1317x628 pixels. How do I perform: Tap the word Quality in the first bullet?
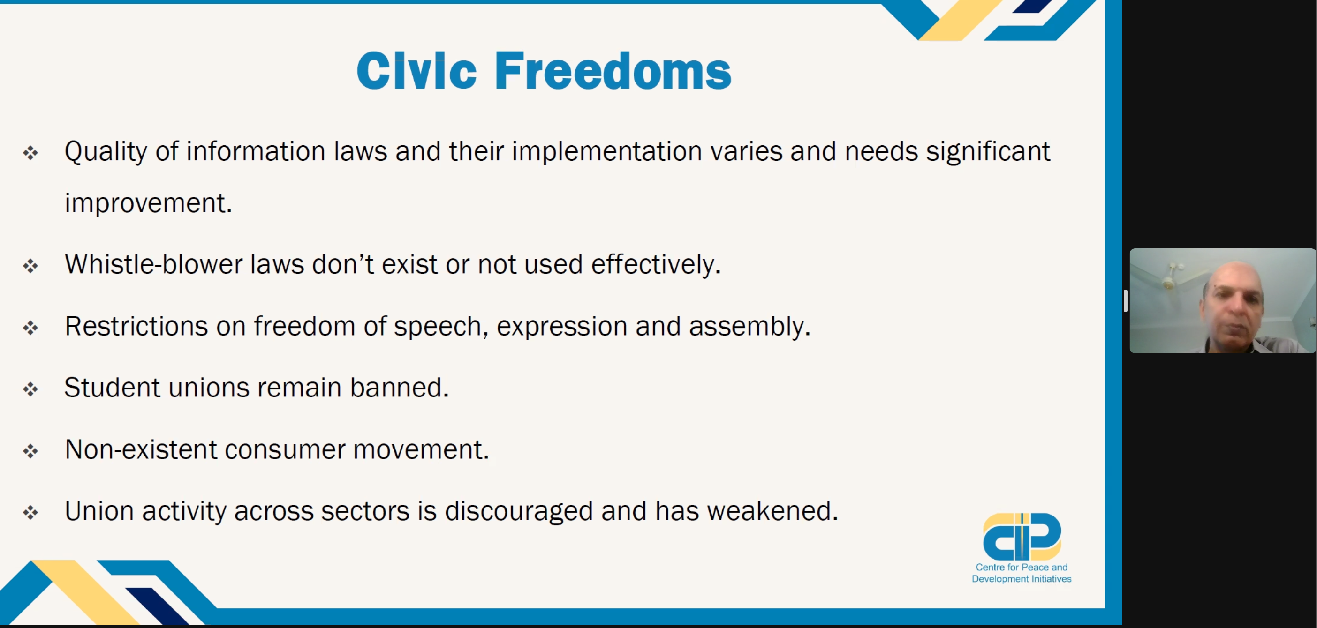pyautogui.click(x=106, y=152)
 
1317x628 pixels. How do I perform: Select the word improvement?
pyautogui.click(x=148, y=203)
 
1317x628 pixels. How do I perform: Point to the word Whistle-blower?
pyautogui.click(x=153, y=264)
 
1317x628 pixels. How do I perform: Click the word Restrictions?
pyautogui.click(x=136, y=326)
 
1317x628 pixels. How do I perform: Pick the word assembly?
pyautogui.click(x=749, y=327)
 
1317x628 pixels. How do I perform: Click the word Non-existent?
pyautogui.click(x=141, y=449)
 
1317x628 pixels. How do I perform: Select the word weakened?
pyautogui.click(x=772, y=511)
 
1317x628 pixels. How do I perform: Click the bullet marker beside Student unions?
pyautogui.click(x=30, y=389)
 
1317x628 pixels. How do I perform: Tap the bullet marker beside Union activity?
pyautogui.click(x=30, y=513)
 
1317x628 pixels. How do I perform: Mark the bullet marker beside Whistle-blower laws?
pyautogui.click(x=30, y=266)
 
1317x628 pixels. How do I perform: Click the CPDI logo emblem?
pyautogui.click(x=1022, y=537)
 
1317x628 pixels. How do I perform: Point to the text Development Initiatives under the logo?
pyautogui.click(x=1022, y=579)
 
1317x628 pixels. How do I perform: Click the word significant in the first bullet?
pyautogui.click(x=988, y=152)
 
